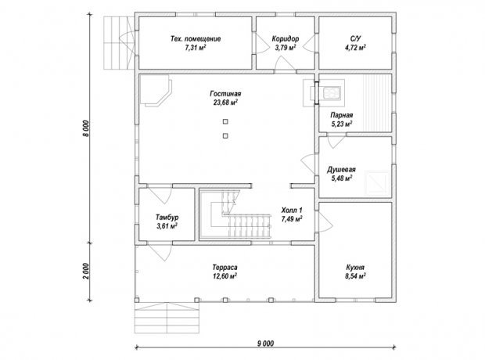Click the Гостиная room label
[x=225, y=93]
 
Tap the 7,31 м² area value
[x=196, y=48]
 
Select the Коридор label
[x=286, y=39]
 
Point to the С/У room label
[x=355, y=38]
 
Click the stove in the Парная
[x=331, y=93]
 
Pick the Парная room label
[x=342, y=115]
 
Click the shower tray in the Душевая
[x=377, y=182]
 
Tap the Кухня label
[x=355, y=268]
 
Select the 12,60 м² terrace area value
[x=225, y=276]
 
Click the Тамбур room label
[x=167, y=218]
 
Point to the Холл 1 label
[x=292, y=211]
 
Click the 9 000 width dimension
[x=265, y=344]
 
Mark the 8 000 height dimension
[x=87, y=128]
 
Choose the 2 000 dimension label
[x=87, y=271]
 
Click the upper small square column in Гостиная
[x=225, y=121]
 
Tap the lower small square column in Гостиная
[x=225, y=135]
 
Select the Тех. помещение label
[x=196, y=39]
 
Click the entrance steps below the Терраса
[x=167, y=318]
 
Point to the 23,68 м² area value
[x=225, y=103]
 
